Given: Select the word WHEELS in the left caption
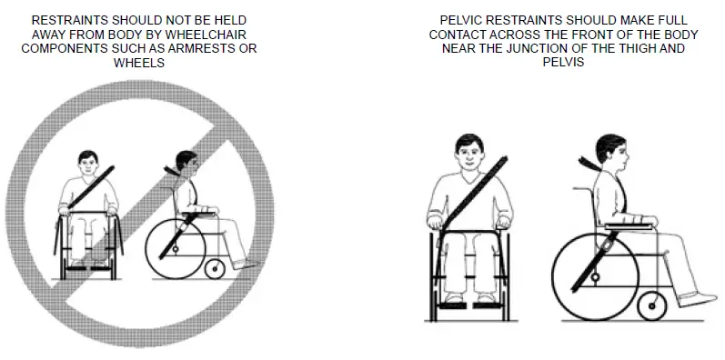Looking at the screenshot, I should pos(139,63).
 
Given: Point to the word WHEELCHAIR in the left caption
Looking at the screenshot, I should pos(210,34).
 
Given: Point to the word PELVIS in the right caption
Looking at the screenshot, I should pos(564,63).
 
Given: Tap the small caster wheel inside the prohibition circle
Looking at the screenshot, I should pos(216,269).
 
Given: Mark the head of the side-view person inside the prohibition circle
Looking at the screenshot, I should pos(187,164).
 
